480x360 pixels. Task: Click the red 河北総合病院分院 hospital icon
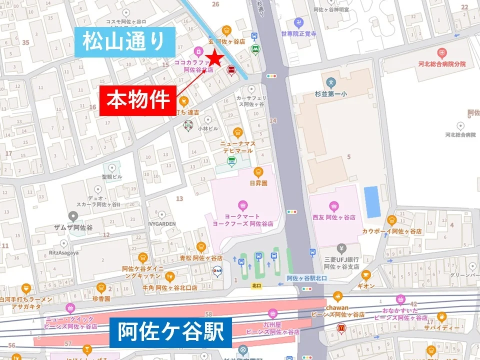point(441,53)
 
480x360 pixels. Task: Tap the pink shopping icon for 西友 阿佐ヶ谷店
point(333,206)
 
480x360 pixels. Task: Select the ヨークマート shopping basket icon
point(242,204)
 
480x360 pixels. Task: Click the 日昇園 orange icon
point(258,172)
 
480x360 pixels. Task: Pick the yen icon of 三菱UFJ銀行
point(341,248)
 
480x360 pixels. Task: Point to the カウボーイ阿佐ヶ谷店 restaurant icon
point(391,220)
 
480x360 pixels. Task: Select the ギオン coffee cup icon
point(366,274)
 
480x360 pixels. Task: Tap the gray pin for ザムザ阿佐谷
point(74,216)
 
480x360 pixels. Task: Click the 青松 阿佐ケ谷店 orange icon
point(201,246)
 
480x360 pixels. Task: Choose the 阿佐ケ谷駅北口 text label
point(306,278)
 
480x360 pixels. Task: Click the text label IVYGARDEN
point(161,224)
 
